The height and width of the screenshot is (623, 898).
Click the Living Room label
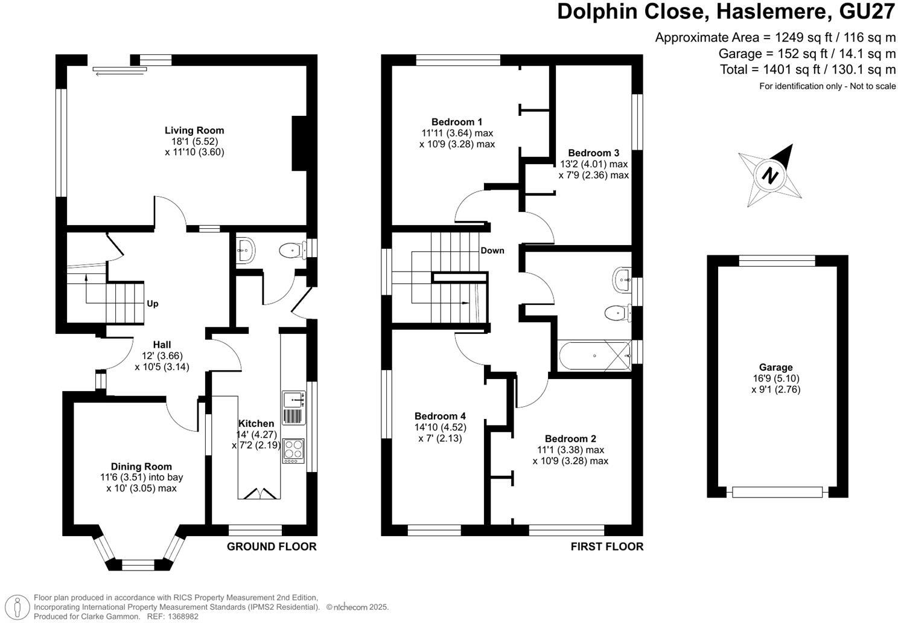[194, 130]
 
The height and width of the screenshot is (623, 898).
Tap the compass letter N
[769, 176]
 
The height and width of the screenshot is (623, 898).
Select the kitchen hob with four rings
[294, 450]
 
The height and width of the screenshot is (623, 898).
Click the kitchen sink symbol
[294, 399]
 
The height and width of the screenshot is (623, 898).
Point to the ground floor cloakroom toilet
[291, 249]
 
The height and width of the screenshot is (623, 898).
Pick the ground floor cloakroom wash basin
[246, 249]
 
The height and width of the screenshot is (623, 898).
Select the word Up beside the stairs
[153, 304]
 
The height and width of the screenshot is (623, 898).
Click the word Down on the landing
[492, 251]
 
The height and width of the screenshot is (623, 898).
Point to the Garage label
[775, 367]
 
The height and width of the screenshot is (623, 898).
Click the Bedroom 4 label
[440, 416]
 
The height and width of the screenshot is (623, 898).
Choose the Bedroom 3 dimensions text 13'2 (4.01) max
[594, 164]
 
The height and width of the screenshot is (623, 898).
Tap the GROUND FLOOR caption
[272, 547]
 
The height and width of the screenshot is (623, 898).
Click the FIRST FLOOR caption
[607, 547]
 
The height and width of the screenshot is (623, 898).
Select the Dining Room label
[141, 467]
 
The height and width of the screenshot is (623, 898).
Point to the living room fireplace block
[300, 144]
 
